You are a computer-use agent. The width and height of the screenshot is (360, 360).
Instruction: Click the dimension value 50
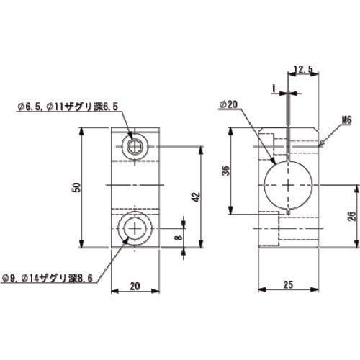pos(76,186)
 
